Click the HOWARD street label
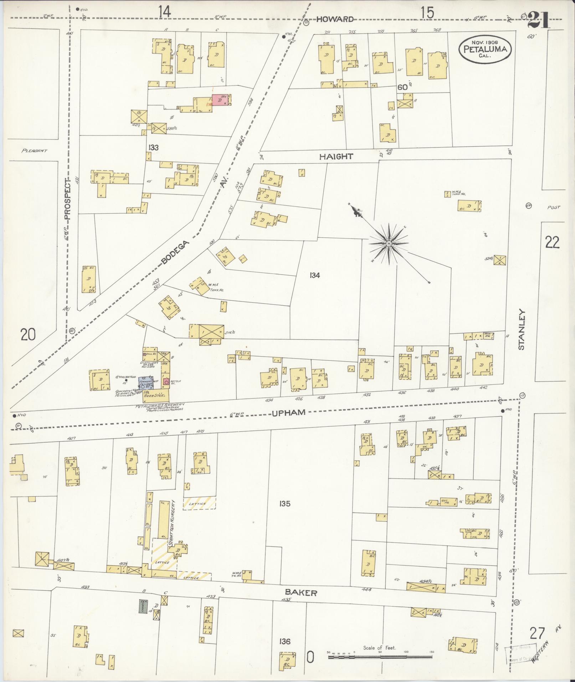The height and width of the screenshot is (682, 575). coord(335,19)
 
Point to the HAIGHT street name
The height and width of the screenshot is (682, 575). coord(336,156)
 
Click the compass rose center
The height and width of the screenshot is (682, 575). coord(389,244)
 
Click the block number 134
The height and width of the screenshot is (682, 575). coord(315,275)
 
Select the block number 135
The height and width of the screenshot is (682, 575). coord(285,503)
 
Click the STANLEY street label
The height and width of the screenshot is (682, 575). coord(522,329)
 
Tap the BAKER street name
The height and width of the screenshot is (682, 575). coord(301,593)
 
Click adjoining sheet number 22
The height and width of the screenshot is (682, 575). coord(552,242)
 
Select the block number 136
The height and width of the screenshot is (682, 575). coord(285,641)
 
